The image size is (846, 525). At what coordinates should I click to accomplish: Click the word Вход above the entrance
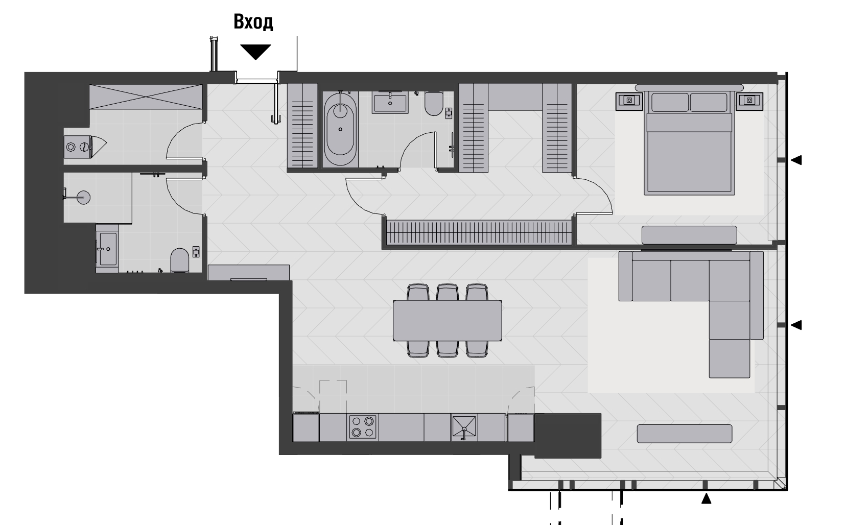253,22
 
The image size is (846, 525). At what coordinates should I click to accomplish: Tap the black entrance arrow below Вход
255,51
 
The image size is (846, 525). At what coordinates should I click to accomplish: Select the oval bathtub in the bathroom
341,128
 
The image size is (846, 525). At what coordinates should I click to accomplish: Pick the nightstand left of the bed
629,101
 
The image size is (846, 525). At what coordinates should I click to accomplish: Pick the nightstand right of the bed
749,101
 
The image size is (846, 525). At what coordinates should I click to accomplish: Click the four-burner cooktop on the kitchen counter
363,427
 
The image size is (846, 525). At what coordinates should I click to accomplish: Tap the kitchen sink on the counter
464,427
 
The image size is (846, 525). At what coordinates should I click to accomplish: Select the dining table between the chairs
448,321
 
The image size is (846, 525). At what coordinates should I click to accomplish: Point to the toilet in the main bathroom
434,104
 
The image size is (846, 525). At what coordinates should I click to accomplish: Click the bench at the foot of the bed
689,235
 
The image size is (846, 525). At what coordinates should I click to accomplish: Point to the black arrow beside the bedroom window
796,160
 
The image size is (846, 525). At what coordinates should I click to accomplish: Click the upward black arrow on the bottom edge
706,498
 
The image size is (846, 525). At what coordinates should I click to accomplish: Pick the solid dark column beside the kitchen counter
567,436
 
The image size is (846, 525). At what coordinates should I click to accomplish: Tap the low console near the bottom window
684,434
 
